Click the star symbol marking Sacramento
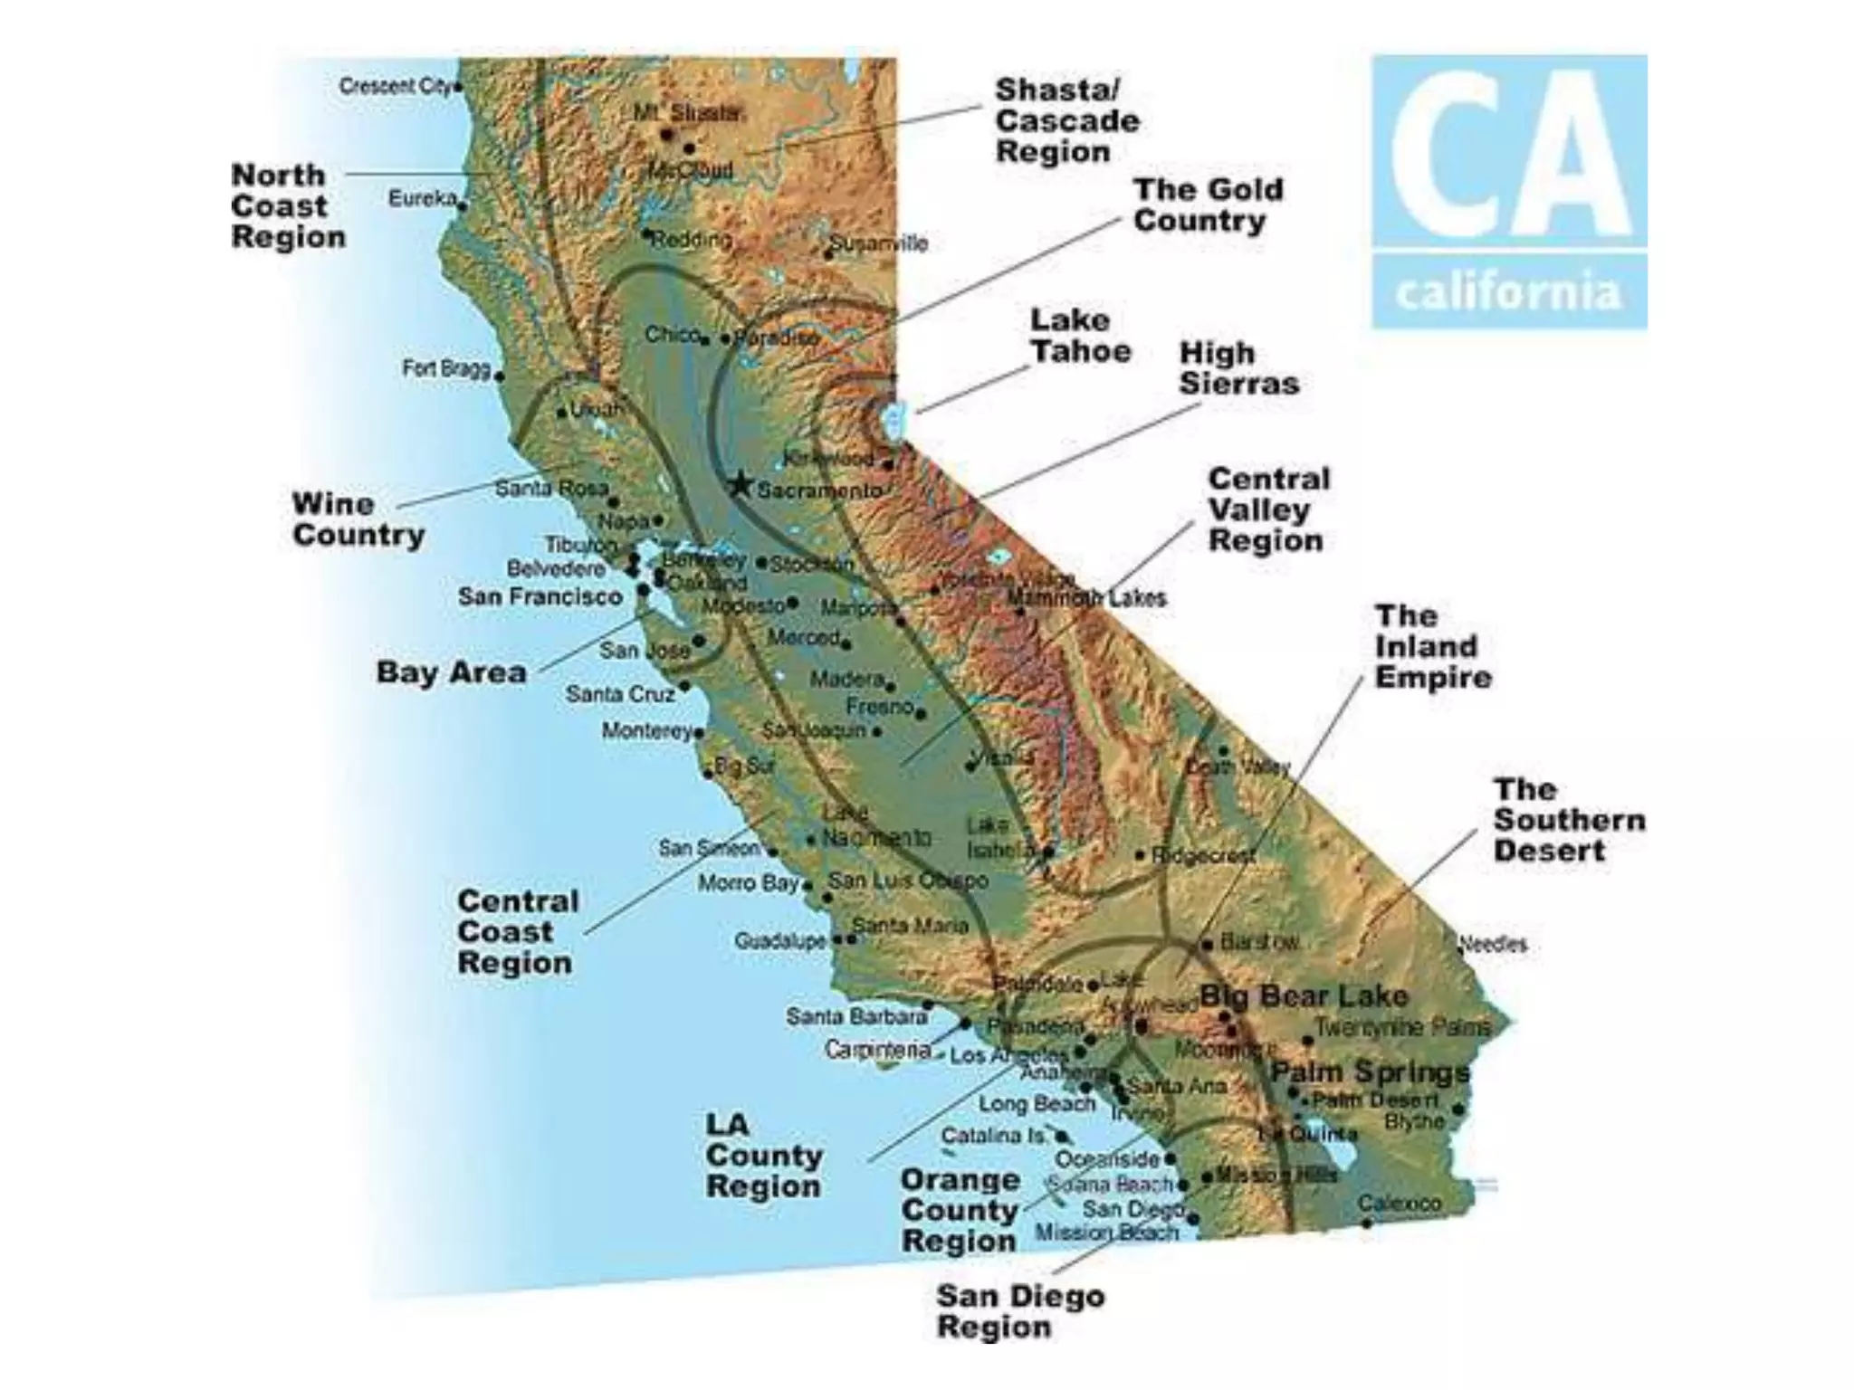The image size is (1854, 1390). [x=740, y=484]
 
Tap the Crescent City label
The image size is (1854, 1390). [x=395, y=86]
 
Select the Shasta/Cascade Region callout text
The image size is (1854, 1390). [x=1066, y=120]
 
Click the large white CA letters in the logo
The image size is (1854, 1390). [x=1508, y=154]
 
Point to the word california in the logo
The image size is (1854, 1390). [x=1508, y=292]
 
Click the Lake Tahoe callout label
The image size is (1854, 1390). [x=1080, y=335]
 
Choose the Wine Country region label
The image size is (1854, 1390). [x=358, y=519]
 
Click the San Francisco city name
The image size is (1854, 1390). [x=540, y=597]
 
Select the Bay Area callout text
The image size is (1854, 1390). [x=451, y=672]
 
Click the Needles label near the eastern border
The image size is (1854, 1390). [x=1494, y=944]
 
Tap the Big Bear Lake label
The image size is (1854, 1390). [x=1304, y=996]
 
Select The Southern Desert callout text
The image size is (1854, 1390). [x=1568, y=820]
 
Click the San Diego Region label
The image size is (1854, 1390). [x=1019, y=1311]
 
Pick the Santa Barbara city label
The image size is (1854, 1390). [x=855, y=1016]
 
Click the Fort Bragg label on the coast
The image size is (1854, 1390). [x=445, y=368]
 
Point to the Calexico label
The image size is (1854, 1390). [x=1399, y=1204]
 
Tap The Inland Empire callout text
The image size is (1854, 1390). [x=1432, y=646]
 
